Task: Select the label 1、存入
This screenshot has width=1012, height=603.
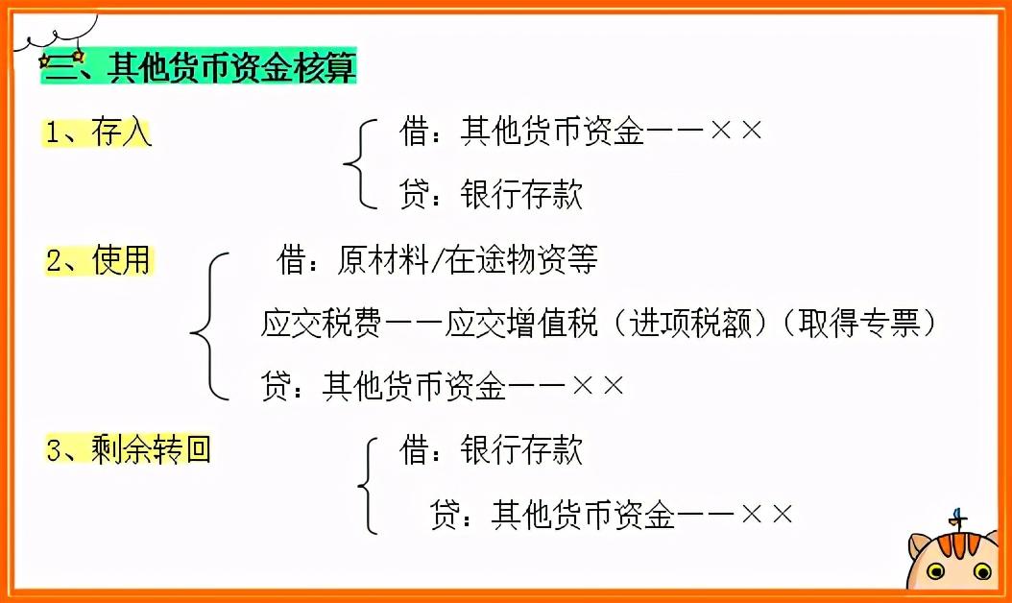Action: point(98,133)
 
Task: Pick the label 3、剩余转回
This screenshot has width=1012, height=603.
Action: point(128,448)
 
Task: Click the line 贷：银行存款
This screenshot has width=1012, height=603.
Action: point(491,195)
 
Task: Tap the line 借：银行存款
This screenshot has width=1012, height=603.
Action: point(491,449)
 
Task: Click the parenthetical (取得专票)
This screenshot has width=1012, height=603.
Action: point(856,323)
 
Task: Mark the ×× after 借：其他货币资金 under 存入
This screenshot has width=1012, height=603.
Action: point(736,132)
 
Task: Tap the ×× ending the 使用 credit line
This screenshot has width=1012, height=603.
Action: point(598,386)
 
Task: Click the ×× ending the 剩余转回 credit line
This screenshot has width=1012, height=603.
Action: point(767,514)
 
